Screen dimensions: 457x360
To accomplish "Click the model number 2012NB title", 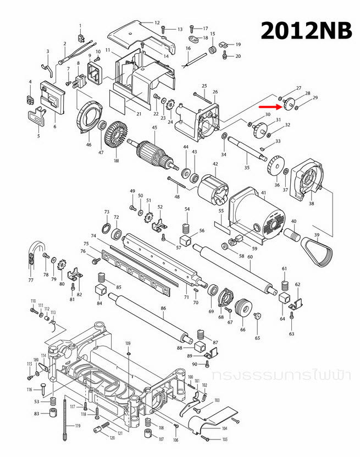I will tap(306, 30).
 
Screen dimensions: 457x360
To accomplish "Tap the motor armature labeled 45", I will tap(154, 153).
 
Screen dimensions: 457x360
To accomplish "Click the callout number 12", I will tap(157, 23).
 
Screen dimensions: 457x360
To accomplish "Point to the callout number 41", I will tap(263, 192).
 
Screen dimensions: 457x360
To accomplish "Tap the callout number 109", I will tap(128, 344).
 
